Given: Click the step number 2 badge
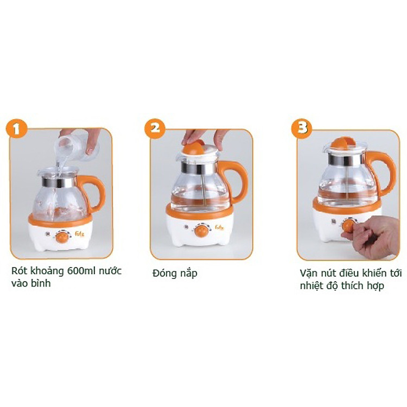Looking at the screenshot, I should tap(155, 129).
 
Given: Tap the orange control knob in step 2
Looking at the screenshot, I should tap(201, 231).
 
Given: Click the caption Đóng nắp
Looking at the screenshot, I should tap(174, 273).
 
